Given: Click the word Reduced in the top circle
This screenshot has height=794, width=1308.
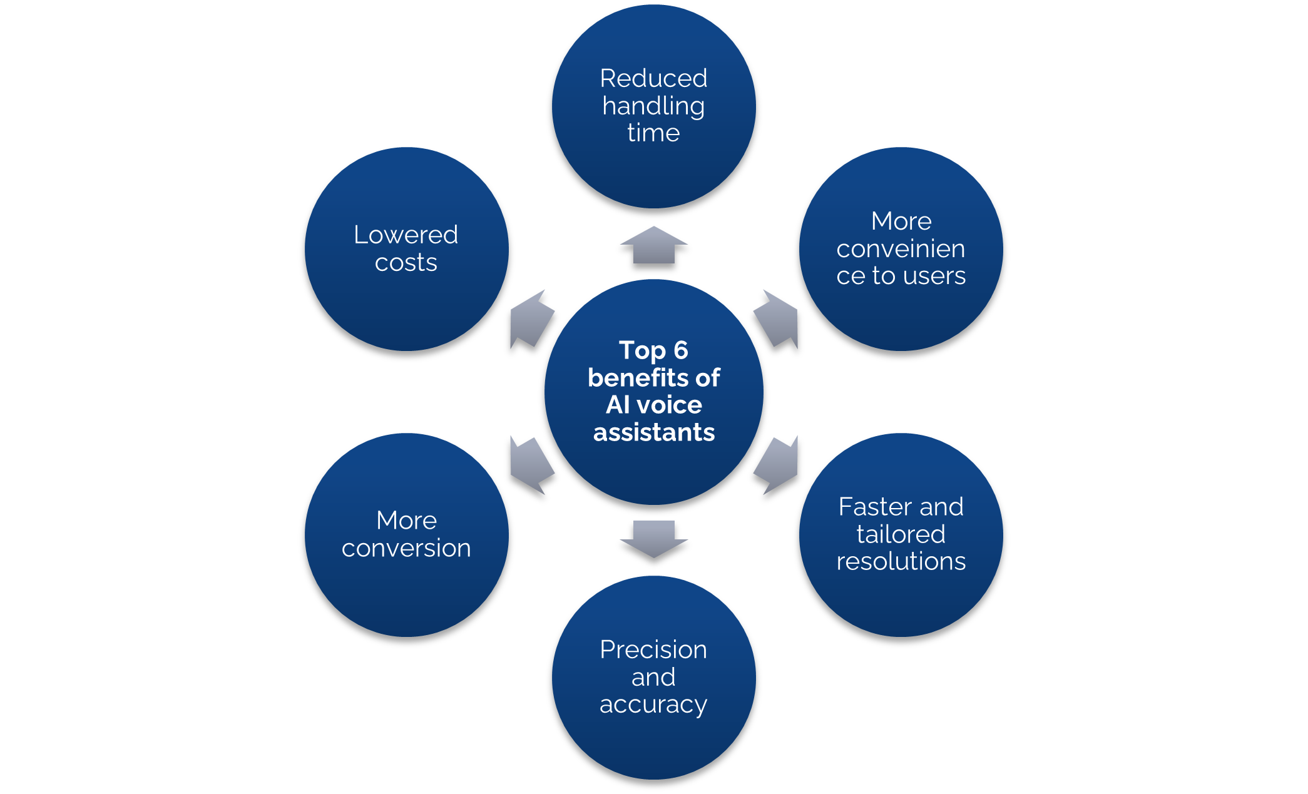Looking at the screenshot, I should coord(653,79).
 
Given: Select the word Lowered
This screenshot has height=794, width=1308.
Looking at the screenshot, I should coord(406,235).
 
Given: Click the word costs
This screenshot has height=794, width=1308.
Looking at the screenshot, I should coord(406,263).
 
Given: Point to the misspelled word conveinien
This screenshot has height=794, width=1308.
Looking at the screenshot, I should coord(901,249).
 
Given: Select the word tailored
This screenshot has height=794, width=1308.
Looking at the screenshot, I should coord(901,534).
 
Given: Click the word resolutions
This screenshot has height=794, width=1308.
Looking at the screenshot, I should coord(901,561).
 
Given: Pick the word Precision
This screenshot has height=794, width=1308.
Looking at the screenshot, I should coord(653,650).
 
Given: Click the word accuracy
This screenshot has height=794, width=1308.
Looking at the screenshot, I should coord(653,705).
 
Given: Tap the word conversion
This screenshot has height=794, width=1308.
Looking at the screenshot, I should coord(406,548).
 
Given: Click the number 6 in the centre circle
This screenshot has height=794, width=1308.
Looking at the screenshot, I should coord(680,350).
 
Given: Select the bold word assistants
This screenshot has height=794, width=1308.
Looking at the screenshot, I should coord(653,432).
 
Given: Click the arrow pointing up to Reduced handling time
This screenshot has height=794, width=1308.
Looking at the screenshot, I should coord(653,245).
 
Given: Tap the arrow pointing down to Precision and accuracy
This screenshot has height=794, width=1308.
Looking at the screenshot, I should coord(653,538).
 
